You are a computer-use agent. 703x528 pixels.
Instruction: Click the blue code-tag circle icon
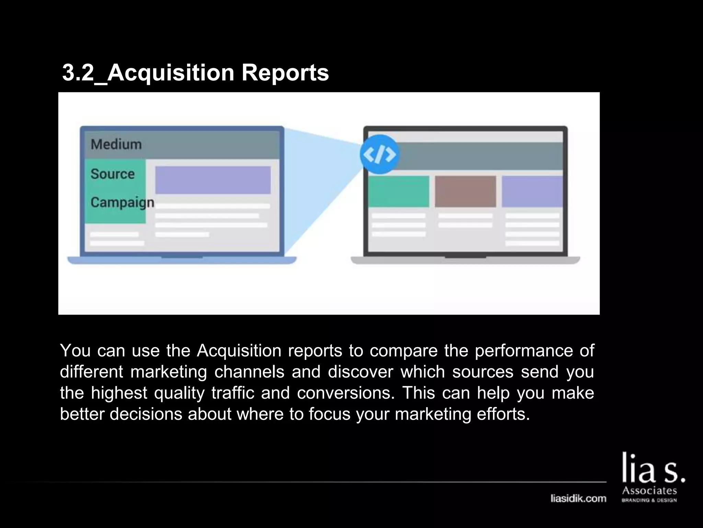tap(379, 154)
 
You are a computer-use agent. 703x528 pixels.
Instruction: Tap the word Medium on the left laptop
tap(116, 144)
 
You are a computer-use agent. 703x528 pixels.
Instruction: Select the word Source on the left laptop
tap(113, 174)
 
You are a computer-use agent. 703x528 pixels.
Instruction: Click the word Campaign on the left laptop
tap(122, 202)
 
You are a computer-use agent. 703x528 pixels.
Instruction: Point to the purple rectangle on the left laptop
tap(213, 180)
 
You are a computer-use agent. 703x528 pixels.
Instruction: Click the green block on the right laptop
tap(399, 191)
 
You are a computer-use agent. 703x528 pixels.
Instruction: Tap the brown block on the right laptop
tap(465, 191)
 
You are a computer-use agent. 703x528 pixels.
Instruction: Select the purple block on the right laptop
tap(532, 191)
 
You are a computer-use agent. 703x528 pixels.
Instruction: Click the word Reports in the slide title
tap(285, 73)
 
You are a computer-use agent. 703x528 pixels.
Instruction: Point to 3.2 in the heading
tap(78, 73)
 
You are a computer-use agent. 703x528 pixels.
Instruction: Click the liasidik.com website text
tap(578, 498)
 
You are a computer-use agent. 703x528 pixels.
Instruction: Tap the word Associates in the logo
tap(649, 490)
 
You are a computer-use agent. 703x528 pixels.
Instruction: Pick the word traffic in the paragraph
tap(233, 393)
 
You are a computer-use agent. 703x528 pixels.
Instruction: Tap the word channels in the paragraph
tap(250, 372)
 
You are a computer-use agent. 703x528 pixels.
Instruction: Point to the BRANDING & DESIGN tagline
tap(649, 500)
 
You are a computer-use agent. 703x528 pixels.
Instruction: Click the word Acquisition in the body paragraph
tap(239, 351)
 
